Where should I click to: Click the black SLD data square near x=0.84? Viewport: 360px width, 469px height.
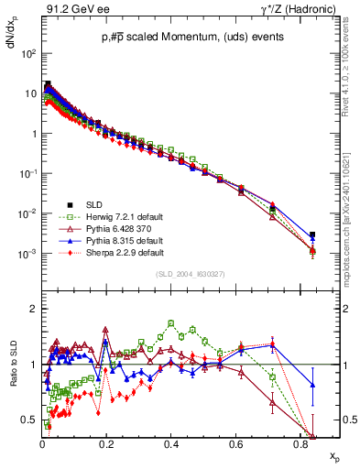click(312, 234)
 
